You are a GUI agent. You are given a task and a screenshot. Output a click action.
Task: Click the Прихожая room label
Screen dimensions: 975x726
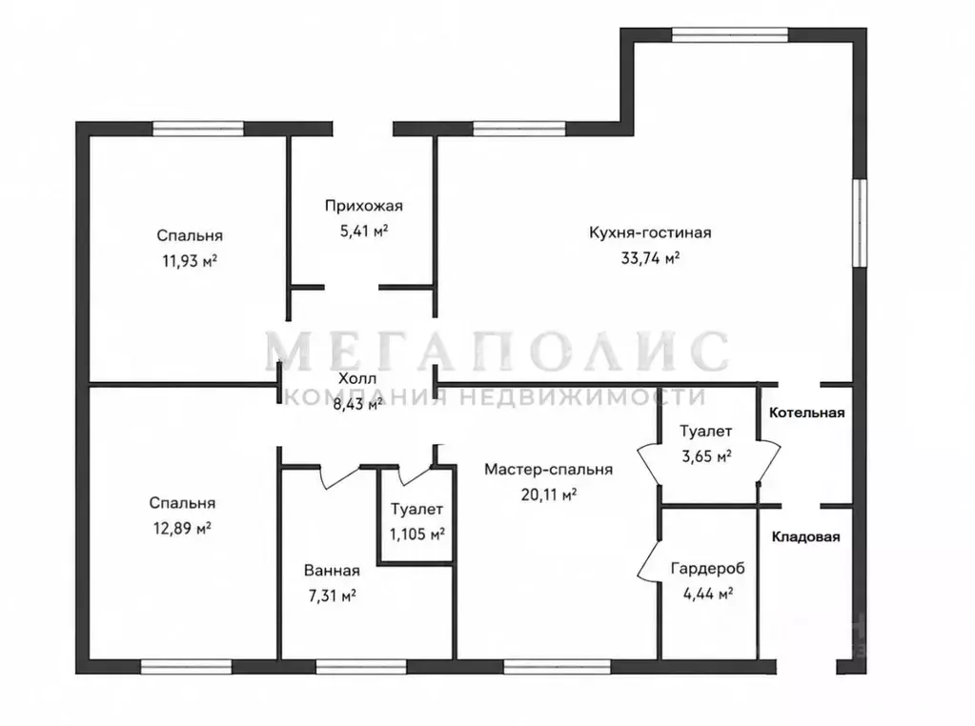[364, 206]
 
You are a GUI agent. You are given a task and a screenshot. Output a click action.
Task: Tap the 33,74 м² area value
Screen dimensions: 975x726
[650, 258]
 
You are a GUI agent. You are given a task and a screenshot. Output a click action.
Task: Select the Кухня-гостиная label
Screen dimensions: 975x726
[650, 232]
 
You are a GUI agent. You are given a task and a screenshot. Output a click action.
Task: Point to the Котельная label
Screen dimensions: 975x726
[806, 413]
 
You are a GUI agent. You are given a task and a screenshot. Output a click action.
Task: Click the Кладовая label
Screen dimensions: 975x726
[806, 537]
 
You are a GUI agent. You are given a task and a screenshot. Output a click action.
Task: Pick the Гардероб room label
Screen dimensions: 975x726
[707, 568]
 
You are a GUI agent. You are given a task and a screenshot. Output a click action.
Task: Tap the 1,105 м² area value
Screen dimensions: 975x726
[416, 534]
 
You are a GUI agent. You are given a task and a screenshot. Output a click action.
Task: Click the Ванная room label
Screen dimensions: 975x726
[332, 570]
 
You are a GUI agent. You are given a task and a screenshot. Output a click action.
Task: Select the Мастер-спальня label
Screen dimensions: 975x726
[548, 470]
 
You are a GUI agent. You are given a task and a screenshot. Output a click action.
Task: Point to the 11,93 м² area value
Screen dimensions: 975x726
[190, 261]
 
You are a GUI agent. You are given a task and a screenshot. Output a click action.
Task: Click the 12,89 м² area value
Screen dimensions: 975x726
[182, 529]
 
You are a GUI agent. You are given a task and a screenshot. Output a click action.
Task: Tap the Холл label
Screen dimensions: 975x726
[356, 378]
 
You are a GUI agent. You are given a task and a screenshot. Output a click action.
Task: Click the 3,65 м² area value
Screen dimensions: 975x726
[706, 457]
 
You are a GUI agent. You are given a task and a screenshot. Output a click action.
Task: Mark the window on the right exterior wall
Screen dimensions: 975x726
[860, 223]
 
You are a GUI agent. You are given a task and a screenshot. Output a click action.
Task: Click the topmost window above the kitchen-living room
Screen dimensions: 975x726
[730, 35]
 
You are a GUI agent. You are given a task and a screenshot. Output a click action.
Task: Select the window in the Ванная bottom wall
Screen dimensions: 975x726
[361, 667]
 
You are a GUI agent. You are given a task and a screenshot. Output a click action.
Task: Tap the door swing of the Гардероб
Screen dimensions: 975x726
[648, 561]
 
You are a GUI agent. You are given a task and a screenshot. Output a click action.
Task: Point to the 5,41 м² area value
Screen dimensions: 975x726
[364, 232]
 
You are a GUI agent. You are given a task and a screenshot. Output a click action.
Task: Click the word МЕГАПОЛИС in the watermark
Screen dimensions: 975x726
[497, 352]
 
